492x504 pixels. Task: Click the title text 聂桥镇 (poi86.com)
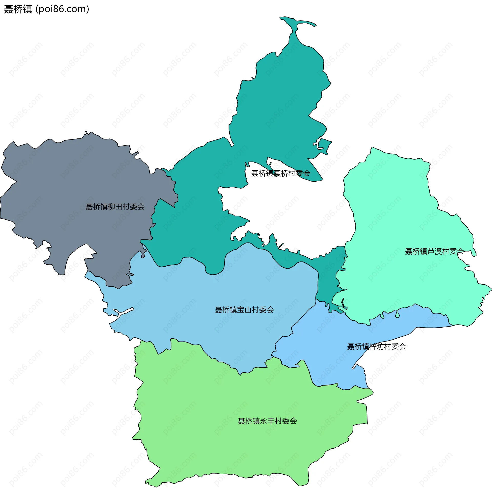(x=47, y=9)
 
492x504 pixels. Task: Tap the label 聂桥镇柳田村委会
(x=115, y=207)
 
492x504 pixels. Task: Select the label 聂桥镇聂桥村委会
(x=281, y=173)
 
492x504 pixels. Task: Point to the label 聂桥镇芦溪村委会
(x=434, y=251)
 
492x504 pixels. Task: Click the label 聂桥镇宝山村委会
(x=244, y=310)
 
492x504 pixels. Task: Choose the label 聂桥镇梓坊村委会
(x=376, y=347)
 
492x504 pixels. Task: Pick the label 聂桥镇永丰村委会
(x=267, y=421)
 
